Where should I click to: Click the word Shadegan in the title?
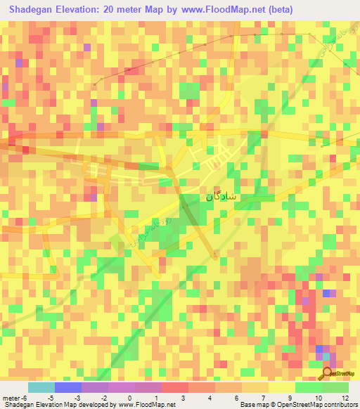pyautogui.click(x=32, y=10)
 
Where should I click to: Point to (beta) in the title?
pyautogui.click(x=278, y=10)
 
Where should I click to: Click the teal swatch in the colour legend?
pyautogui.click(x=41, y=387)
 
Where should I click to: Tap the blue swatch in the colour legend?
pyautogui.click(x=67, y=387)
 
